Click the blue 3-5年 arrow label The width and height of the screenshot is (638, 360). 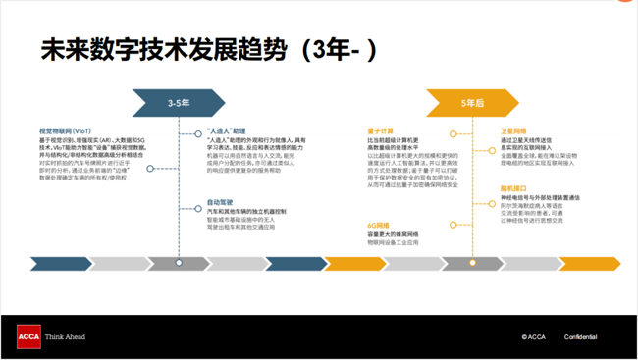(x=179, y=103)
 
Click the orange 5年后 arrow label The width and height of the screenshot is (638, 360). (x=472, y=103)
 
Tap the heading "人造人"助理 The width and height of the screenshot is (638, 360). (x=227, y=130)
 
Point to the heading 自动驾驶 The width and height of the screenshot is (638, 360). (x=220, y=202)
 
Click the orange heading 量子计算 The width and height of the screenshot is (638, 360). (x=380, y=130)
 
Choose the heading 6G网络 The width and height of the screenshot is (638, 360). (x=379, y=225)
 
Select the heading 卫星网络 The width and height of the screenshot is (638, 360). (x=513, y=130)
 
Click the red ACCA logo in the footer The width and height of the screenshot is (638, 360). (x=28, y=336)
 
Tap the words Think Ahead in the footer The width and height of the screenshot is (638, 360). (x=66, y=336)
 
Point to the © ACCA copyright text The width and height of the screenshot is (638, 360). (x=534, y=336)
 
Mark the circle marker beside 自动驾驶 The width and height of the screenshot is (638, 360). (x=197, y=208)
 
